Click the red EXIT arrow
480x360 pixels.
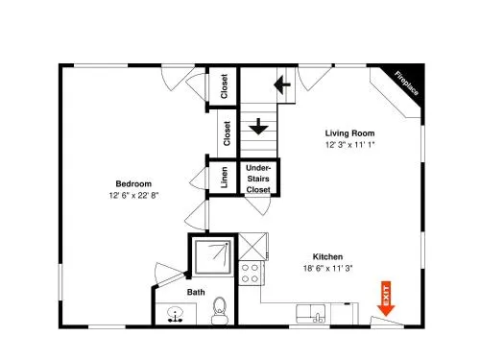pyautogui.click(x=386, y=299)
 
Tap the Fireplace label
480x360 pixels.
pyautogui.click(x=406, y=84)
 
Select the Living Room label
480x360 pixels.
pyautogui.click(x=349, y=133)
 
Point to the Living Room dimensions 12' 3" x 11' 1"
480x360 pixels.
pyautogui.click(x=349, y=145)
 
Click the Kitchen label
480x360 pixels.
pyautogui.click(x=327, y=256)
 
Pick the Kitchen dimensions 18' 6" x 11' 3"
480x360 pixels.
pyautogui.click(x=327, y=268)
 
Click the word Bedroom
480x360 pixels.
pyautogui.click(x=133, y=183)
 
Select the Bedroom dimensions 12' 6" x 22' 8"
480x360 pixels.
pyautogui.click(x=133, y=195)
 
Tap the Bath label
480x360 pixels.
pyautogui.click(x=196, y=292)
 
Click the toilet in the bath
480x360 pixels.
pyautogui.click(x=220, y=310)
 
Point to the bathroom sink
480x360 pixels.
pyautogui.click(x=175, y=314)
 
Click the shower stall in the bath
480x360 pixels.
pyautogui.click(x=213, y=257)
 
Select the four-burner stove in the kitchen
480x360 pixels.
pyautogui.click(x=252, y=273)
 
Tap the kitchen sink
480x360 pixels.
pyautogui.click(x=311, y=314)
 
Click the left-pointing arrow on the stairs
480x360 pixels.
pyautogui.click(x=282, y=84)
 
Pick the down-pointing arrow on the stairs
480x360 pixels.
pyautogui.click(x=258, y=127)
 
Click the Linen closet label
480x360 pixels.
pyautogui.click(x=225, y=177)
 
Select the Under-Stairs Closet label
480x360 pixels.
pyautogui.click(x=258, y=179)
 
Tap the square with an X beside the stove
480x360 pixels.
pyautogui.click(x=252, y=247)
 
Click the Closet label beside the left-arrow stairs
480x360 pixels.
pyautogui.click(x=224, y=86)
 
